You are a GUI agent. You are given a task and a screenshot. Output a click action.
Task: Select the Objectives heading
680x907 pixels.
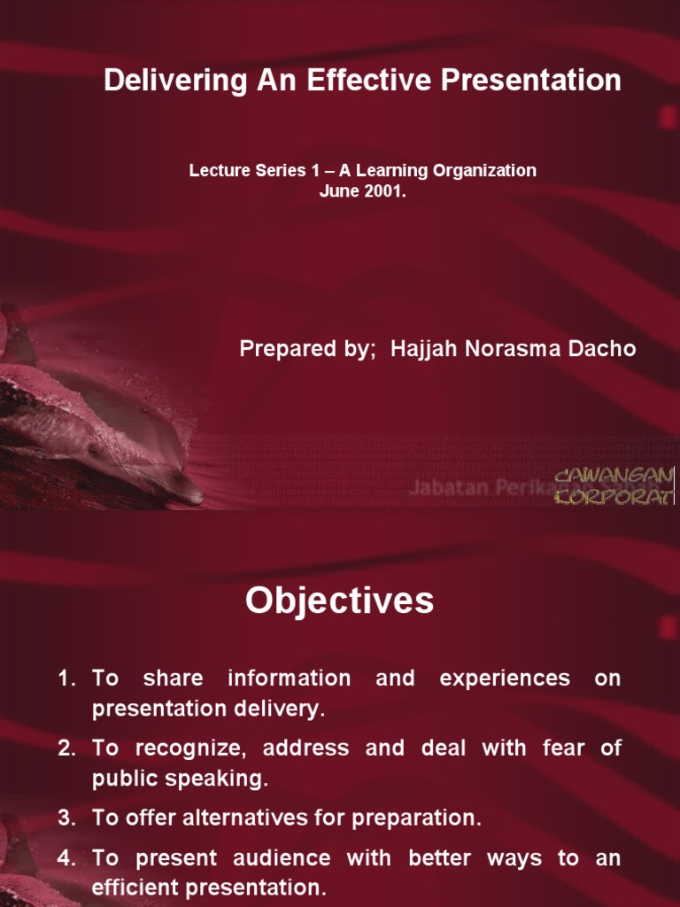click(340, 601)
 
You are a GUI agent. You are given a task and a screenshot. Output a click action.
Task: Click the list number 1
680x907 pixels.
click(66, 678)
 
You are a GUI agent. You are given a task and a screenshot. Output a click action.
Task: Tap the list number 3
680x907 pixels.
click(66, 818)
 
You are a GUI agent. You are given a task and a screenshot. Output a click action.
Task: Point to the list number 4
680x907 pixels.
click(66, 858)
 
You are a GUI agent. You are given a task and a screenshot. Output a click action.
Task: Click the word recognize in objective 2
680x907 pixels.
click(185, 748)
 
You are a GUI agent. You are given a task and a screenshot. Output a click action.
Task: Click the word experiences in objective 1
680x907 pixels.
click(505, 678)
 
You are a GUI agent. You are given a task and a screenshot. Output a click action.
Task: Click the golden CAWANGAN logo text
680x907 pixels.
click(614, 478)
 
